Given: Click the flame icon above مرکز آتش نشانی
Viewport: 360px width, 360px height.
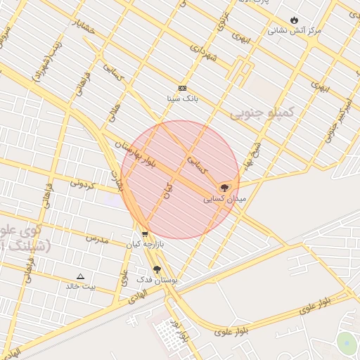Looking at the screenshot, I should point(294,20).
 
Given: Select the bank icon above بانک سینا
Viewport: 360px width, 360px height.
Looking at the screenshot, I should point(182,88).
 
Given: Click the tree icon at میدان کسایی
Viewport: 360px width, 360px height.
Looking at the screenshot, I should point(224,188).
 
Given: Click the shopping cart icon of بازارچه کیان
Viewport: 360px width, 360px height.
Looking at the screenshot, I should point(145,235).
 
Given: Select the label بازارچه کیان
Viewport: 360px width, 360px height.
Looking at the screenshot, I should point(144,245).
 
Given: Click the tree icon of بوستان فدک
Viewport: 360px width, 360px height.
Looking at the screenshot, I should point(157,269).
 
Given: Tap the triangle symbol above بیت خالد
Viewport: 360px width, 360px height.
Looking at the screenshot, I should point(80,276).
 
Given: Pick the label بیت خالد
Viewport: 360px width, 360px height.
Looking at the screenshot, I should point(80,286).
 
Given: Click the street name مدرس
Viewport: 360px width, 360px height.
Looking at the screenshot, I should point(97,239).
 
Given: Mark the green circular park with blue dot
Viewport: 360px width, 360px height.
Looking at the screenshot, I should point(346,342).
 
